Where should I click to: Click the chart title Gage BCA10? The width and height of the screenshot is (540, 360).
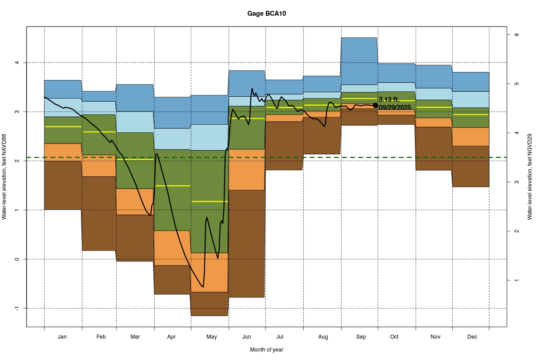[266, 13]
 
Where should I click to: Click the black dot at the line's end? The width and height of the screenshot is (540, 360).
[375, 105]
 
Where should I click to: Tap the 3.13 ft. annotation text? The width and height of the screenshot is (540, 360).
[389, 99]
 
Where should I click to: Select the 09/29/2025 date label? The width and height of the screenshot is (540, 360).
[395, 107]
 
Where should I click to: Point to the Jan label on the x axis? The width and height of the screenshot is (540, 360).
[63, 337]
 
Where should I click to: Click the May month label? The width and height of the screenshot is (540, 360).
[211, 337]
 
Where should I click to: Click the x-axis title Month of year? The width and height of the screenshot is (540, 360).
[266, 350]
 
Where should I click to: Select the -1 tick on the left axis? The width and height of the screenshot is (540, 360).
[18, 308]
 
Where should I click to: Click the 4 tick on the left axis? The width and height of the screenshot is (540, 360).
[18, 63]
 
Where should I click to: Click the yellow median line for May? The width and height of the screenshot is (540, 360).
[210, 201]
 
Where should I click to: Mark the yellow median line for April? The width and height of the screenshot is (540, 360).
[172, 185]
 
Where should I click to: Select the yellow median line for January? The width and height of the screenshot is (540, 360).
[63, 126]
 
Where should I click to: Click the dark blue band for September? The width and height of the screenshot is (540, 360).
[359, 61]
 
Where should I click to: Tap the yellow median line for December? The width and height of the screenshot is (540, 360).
[471, 115]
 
